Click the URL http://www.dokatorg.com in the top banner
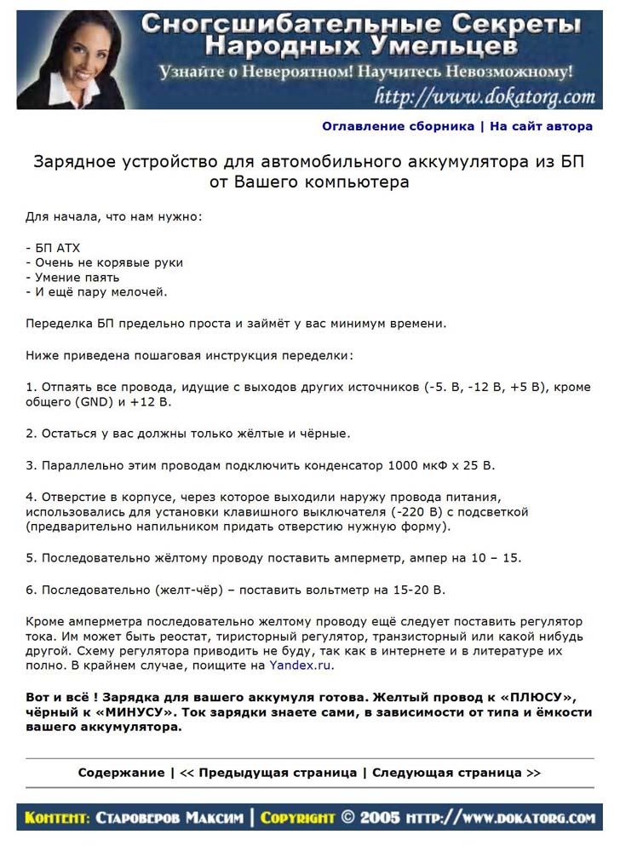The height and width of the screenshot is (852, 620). point(484,96)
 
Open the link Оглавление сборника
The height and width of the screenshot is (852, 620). point(398,126)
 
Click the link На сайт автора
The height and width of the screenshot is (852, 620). point(541,126)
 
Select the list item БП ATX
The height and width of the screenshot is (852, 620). point(53,248)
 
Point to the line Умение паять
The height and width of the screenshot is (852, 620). point(72,278)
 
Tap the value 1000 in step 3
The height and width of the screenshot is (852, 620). point(404,465)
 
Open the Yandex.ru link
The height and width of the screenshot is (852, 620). point(301,666)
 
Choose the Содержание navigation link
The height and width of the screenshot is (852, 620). point(121,773)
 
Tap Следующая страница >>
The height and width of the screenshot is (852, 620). point(456,773)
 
